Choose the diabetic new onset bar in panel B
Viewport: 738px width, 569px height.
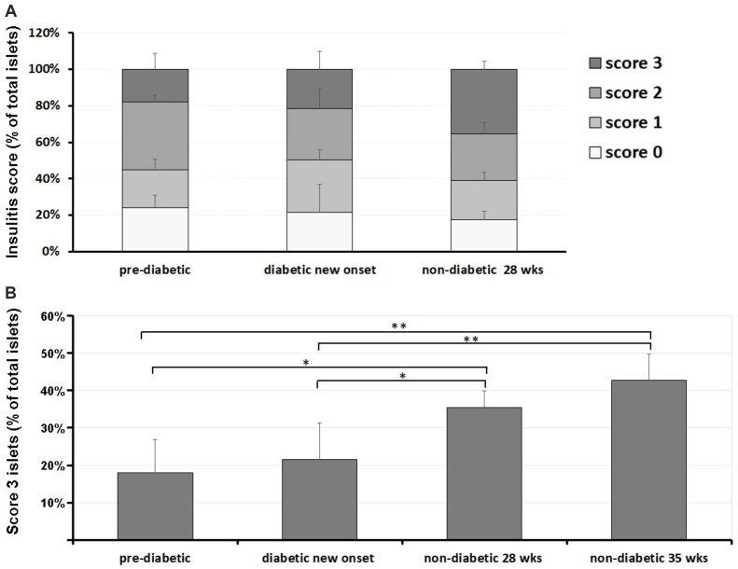pyautogui.click(x=319, y=499)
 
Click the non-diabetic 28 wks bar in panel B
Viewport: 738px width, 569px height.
pyautogui.click(x=484, y=473)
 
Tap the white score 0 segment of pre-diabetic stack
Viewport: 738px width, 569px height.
pyautogui.click(x=155, y=229)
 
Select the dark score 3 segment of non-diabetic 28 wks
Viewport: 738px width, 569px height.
pyautogui.click(x=483, y=101)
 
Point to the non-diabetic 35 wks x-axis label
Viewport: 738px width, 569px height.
pyautogui.click(x=648, y=558)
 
